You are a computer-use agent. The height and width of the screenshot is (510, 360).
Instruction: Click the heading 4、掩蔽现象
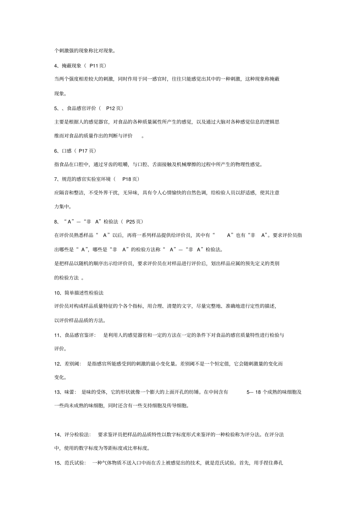tap(68, 66)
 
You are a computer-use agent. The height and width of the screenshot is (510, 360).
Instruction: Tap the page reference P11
tap(94, 66)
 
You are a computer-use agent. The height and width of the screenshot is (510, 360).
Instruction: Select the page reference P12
tap(110, 108)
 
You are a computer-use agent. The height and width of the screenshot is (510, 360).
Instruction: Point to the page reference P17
tap(83, 151)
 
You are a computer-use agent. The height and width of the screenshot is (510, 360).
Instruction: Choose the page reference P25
tap(130, 221)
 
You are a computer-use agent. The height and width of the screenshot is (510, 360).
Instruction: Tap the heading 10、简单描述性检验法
tap(79, 293)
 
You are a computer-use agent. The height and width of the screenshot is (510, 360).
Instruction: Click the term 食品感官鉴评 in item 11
tap(80, 335)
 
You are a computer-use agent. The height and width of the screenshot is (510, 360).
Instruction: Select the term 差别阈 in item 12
tap(72, 364)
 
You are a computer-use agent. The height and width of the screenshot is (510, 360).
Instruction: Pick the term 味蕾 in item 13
tap(70, 392)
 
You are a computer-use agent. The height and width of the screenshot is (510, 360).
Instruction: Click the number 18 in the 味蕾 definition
tap(258, 392)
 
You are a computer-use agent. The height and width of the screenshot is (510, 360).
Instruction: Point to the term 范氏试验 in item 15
tap(75, 463)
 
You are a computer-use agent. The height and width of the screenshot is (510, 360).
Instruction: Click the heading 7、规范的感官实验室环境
tap(83, 179)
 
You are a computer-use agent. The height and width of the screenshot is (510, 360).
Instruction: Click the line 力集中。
tap(63, 207)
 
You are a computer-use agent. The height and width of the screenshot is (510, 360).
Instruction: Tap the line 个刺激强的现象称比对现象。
tap(85, 50)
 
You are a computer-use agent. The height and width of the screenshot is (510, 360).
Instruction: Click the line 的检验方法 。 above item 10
tap(69, 278)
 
